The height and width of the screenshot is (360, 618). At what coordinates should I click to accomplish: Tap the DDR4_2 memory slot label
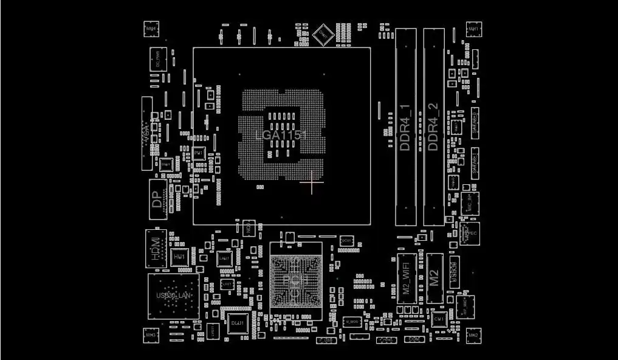[x=433, y=126]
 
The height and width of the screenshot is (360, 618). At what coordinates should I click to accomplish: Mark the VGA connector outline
[x=146, y=133]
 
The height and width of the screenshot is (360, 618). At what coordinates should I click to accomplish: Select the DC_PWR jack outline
[x=157, y=59]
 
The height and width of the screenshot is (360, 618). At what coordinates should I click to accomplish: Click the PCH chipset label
[x=295, y=279]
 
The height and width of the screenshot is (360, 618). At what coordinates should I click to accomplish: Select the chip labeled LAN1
[x=224, y=258]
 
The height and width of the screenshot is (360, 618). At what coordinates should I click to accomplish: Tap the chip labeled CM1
[x=439, y=318]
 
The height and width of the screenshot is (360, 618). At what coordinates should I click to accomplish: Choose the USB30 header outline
[x=454, y=271]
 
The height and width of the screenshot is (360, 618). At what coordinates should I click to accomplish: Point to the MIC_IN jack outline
[x=469, y=203]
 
